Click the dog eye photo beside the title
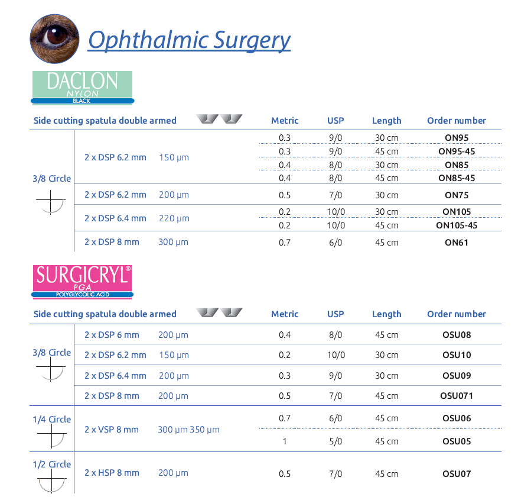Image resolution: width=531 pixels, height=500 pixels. (54, 38)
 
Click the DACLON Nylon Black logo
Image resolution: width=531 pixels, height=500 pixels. (82, 88)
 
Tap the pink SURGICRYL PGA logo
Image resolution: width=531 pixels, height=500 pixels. (82, 282)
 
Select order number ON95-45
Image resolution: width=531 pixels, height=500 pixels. (457, 151)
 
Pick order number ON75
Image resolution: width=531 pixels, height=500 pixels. (457, 195)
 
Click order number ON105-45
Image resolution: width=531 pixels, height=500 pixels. (457, 225)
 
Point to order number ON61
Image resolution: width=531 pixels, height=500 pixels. (457, 243)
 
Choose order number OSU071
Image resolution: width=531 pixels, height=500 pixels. (457, 396)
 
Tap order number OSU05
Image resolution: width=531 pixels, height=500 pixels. (457, 441)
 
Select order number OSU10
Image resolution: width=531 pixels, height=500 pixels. (457, 355)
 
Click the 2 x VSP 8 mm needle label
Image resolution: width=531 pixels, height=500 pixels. (112, 430)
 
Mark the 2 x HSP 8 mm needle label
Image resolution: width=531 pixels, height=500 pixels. (112, 473)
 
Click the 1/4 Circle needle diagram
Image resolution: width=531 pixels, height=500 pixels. (51, 436)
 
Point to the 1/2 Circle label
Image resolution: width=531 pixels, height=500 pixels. (52, 464)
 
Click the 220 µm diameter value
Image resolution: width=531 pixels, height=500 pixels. (174, 218)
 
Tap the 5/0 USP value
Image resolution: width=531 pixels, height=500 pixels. (335, 441)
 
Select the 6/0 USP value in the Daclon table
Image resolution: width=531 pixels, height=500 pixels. (335, 243)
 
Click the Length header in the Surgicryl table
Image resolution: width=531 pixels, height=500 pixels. (387, 314)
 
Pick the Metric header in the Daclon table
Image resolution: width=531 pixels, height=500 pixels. (285, 121)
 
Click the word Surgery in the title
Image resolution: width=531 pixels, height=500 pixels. (252, 41)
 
